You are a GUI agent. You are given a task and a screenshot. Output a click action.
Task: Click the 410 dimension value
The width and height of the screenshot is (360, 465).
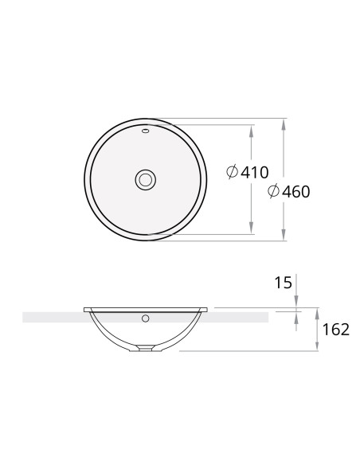point(254,172)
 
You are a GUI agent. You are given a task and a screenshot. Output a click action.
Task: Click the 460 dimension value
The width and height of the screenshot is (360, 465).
point(296,192)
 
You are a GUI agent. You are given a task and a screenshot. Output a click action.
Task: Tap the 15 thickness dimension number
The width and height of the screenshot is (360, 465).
point(284,283)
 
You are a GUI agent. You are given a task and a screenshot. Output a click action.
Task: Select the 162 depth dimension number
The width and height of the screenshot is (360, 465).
point(335,330)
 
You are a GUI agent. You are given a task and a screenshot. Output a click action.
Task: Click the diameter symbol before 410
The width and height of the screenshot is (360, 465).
point(233,171)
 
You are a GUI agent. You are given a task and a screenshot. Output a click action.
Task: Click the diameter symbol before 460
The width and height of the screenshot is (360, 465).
point(273,191)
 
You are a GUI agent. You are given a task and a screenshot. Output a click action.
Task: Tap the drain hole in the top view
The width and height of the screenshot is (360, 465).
point(145,180)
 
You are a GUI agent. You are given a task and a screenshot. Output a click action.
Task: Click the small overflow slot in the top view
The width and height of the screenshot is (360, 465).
point(145,131)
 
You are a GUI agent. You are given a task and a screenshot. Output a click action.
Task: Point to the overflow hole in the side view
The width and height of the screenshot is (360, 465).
point(145,318)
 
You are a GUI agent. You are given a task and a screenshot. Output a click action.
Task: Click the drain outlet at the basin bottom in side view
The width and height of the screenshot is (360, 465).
point(145,348)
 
